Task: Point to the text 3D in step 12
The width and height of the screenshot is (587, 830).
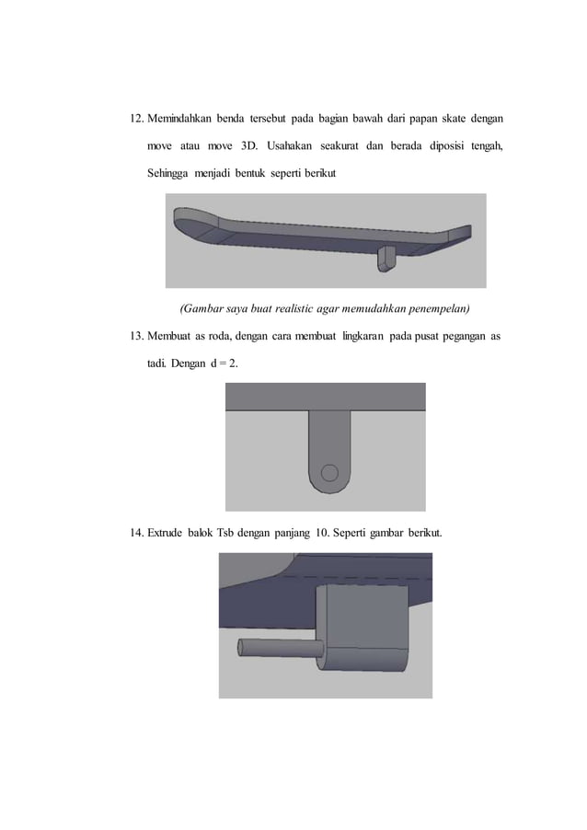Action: click(249, 146)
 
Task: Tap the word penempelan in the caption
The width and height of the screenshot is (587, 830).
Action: click(437, 307)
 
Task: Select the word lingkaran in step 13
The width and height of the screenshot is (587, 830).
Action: click(363, 337)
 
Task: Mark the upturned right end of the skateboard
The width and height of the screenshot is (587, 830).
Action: click(460, 235)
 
